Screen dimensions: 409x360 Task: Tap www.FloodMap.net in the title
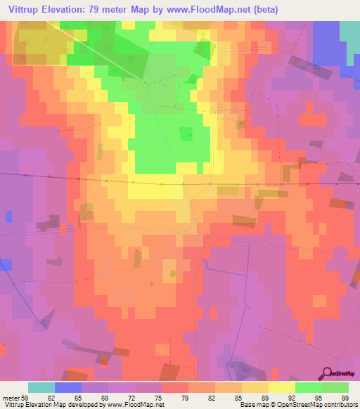[x=214, y=10]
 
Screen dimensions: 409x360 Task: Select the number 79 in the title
[x=100, y=10]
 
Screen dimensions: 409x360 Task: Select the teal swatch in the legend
[x=41, y=387]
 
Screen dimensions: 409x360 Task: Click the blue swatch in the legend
[x=68, y=387]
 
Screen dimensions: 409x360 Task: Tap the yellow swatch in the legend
[x=282, y=387]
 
